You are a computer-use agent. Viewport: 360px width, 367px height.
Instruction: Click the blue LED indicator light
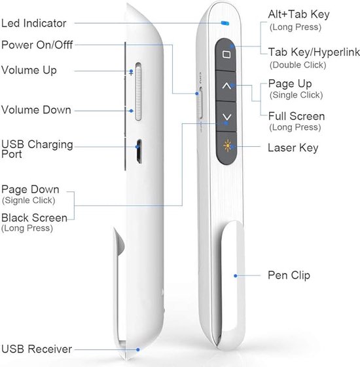tap(225, 23)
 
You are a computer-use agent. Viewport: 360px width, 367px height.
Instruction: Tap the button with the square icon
tap(225, 55)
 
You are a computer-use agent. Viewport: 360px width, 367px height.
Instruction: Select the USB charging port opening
tap(139, 151)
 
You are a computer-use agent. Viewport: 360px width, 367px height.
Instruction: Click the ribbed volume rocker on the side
tap(138, 92)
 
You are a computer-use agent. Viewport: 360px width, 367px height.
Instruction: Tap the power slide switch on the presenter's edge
tap(200, 102)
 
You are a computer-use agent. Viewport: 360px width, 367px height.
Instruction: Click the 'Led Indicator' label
tap(34, 23)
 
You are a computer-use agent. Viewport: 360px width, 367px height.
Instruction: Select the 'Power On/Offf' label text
tap(37, 45)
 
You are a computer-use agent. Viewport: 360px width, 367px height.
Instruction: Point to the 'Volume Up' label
tap(29, 70)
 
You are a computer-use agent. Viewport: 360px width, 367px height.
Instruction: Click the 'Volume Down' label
tap(36, 110)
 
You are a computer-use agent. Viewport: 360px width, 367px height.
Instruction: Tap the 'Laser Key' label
tap(293, 148)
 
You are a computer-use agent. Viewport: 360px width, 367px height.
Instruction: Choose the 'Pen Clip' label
tap(289, 275)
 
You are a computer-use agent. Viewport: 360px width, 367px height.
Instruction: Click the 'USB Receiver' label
tap(37, 349)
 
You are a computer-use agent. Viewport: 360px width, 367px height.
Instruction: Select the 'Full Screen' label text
tap(297, 116)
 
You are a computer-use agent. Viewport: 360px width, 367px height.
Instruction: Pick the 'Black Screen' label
tap(34, 218)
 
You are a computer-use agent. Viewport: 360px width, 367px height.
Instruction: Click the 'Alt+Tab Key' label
tap(298, 14)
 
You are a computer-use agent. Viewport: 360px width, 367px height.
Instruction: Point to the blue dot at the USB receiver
tap(138, 350)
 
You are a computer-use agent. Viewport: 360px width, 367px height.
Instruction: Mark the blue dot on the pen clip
tap(236, 276)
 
